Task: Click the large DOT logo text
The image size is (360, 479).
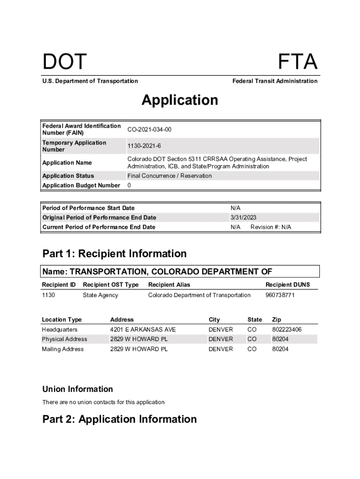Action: point(65,62)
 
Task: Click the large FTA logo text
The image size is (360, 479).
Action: point(298,62)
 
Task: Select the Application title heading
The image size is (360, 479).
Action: point(180,100)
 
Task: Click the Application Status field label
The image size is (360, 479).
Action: point(68,176)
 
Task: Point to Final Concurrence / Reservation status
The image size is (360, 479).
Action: point(170,176)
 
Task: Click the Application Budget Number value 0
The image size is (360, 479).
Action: point(129,185)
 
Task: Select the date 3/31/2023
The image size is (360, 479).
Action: point(243,218)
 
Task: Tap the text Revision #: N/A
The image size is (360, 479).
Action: point(271,227)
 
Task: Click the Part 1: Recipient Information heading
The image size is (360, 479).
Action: point(115,254)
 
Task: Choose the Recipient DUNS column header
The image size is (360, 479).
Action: point(288,284)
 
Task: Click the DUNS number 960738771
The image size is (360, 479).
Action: point(280,295)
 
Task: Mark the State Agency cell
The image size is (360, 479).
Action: point(101,295)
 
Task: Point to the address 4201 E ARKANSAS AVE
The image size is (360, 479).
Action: point(143,330)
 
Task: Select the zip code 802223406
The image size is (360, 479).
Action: point(287,330)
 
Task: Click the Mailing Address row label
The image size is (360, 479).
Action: point(63,349)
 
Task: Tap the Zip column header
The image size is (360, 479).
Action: point(277,319)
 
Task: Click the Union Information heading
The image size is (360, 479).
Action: point(78,389)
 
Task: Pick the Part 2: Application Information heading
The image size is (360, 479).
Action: point(120,419)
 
